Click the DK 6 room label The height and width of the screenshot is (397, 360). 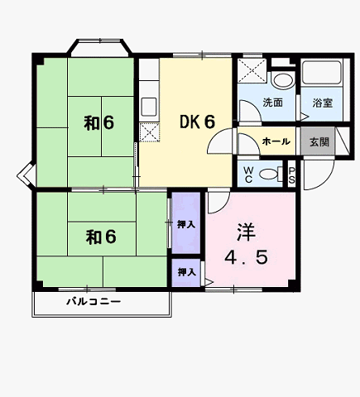point(197,122)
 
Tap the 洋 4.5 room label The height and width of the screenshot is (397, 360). point(246,245)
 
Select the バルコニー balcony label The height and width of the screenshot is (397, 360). point(94,301)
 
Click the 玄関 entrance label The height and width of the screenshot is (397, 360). point(319,141)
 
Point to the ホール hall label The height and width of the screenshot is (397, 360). point(276,141)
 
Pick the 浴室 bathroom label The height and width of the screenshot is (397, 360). point(323,103)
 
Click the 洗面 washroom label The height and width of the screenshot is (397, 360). point(272,103)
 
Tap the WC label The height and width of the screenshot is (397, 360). point(248,175)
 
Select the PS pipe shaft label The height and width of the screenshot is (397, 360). point(291,175)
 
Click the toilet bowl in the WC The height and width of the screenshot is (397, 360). point(269,175)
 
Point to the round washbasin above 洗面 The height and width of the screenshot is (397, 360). point(283,80)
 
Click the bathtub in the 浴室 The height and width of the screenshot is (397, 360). point(321,73)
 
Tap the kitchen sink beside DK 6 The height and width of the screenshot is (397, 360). point(149,107)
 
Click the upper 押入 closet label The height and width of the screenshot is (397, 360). point(186,225)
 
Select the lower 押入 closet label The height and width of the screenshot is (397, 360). point(186,272)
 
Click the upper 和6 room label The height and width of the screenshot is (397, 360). point(98,123)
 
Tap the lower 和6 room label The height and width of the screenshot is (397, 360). point(101,237)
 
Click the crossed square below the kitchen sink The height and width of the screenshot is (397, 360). point(149,132)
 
